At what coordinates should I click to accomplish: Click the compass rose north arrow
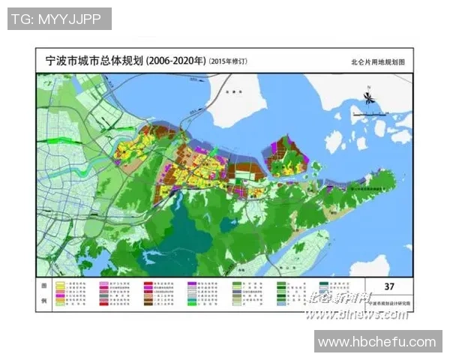pos(369,98)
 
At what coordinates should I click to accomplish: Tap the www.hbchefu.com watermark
pos(376,342)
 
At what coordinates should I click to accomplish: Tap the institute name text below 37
pos(388,304)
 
